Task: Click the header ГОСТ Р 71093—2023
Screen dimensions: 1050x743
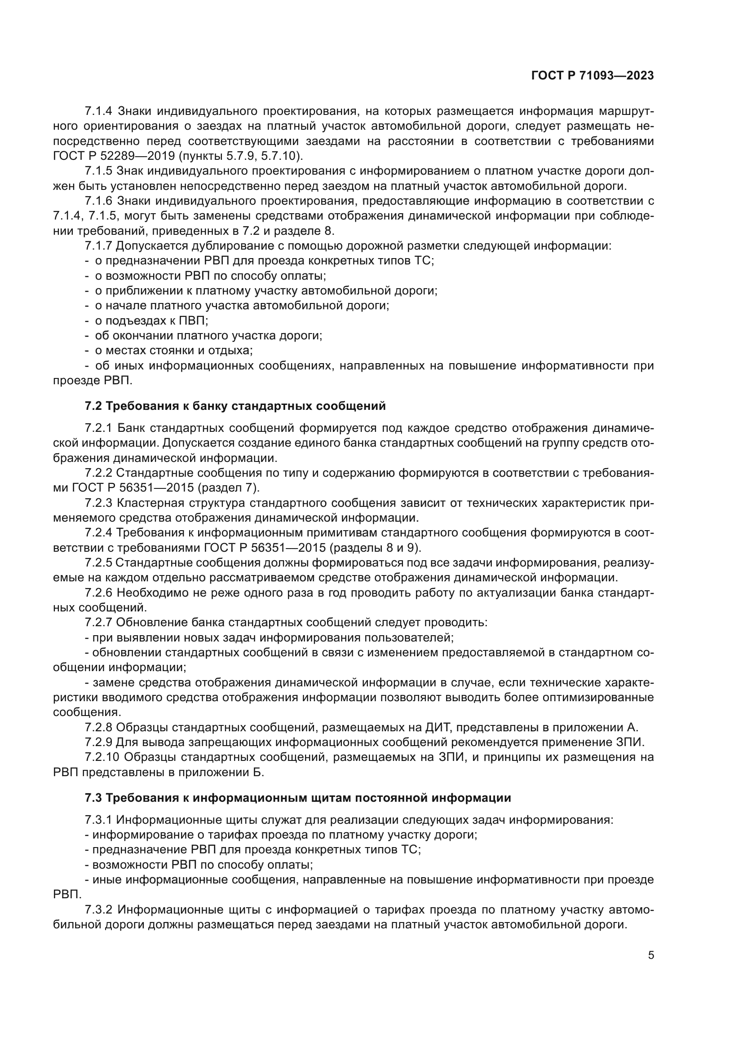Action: tap(592, 76)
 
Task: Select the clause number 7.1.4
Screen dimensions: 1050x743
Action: tap(98, 111)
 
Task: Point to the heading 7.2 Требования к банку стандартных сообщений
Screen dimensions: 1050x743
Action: tap(235, 406)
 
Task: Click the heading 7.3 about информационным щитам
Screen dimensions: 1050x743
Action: tap(297, 798)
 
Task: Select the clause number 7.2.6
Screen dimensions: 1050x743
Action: tap(98, 593)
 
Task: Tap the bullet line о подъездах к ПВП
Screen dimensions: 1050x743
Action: tap(151, 321)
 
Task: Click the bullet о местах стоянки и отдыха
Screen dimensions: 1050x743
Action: tap(173, 350)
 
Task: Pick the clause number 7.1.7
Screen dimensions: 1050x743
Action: tap(98, 246)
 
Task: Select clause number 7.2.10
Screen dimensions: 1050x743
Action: tap(102, 757)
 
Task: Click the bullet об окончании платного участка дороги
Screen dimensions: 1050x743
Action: tap(208, 336)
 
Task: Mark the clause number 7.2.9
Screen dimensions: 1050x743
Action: tap(98, 742)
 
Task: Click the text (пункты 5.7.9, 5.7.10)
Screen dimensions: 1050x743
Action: tap(240, 156)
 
